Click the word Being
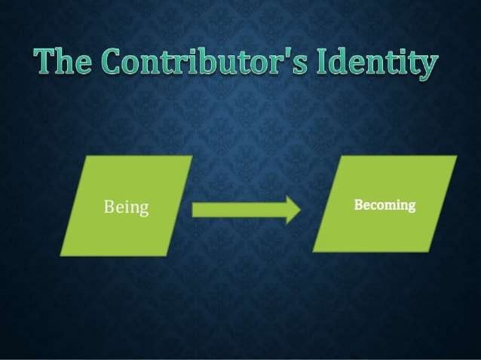(x=126, y=207)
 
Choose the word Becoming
(x=384, y=205)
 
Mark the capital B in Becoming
(x=358, y=204)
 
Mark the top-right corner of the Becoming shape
(x=457, y=157)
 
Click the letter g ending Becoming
(x=412, y=206)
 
